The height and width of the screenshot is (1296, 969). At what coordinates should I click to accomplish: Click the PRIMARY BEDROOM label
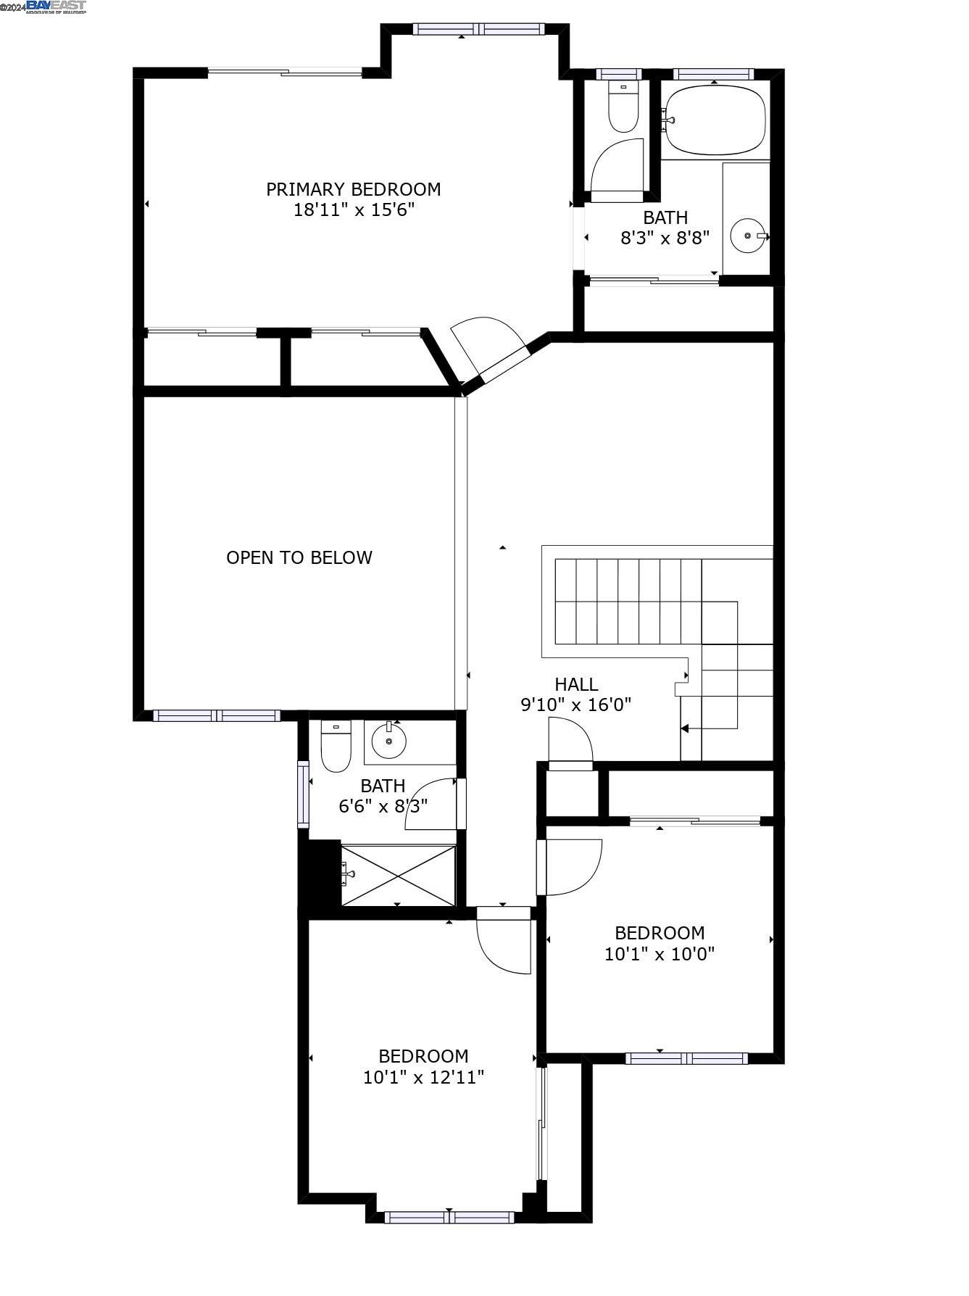click(x=353, y=189)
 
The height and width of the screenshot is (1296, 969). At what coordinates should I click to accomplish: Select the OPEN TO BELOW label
click(x=299, y=557)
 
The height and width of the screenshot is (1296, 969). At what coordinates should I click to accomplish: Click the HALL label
click(x=576, y=684)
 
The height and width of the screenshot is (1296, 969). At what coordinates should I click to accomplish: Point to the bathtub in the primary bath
click(x=715, y=120)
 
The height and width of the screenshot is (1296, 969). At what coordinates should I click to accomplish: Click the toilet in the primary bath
click(x=623, y=109)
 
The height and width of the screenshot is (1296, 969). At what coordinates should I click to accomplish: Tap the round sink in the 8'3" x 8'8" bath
click(x=747, y=236)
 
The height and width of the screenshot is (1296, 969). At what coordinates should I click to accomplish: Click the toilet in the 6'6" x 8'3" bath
click(x=336, y=747)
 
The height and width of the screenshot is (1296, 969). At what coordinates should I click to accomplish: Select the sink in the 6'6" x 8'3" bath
click(x=389, y=741)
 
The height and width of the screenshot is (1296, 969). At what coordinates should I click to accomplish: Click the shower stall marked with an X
click(x=398, y=875)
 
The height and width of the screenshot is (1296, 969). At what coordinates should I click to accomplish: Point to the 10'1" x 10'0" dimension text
click(x=659, y=954)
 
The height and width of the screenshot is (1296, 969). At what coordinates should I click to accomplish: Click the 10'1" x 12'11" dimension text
click(x=423, y=1077)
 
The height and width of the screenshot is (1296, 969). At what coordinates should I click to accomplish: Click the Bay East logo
click(x=56, y=7)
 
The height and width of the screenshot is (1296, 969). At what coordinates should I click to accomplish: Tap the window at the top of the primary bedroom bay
click(x=478, y=29)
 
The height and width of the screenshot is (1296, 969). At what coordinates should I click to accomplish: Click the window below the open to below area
click(x=216, y=715)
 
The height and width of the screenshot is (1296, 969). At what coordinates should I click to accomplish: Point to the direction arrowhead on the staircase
click(x=685, y=728)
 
